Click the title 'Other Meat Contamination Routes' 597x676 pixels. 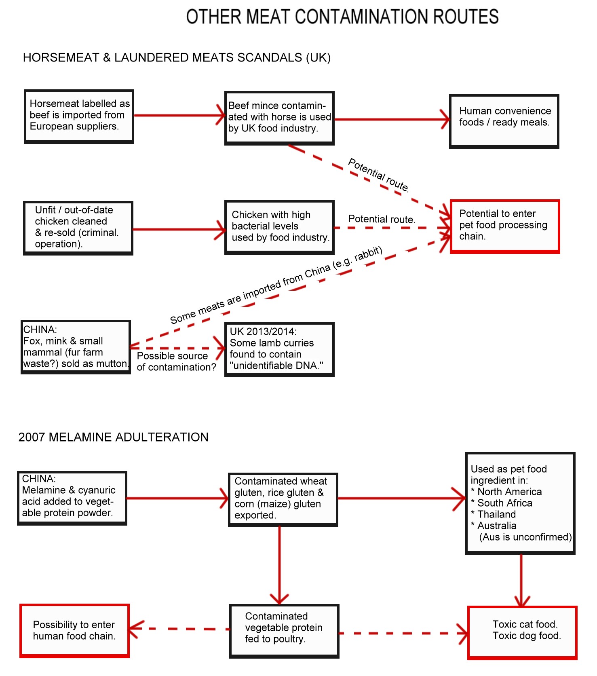click(342, 17)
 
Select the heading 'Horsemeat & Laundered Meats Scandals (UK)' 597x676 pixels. click(177, 57)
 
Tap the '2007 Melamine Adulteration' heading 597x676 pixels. click(114, 437)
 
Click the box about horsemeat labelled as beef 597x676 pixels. click(79, 116)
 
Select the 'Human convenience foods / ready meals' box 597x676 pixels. click(504, 121)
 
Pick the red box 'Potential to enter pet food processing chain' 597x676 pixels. click(505, 226)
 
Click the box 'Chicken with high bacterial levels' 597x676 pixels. click(279, 227)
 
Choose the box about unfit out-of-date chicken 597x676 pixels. click(78, 228)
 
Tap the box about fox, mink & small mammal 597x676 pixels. click(76, 347)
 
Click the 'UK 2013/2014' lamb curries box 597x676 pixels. click(279, 349)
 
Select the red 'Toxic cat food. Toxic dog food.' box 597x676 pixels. click(522, 633)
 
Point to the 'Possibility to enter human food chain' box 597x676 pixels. click(74, 631)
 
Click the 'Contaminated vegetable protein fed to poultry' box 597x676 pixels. click(284, 631)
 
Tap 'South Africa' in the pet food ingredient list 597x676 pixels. click(505, 503)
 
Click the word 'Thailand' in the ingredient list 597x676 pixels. click(497, 514)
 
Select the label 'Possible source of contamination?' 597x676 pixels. click(177, 361)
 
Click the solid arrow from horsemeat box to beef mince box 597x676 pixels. click(179, 115)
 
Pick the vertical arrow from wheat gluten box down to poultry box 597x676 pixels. click(279, 566)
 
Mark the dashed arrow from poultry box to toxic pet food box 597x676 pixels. click(403, 633)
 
